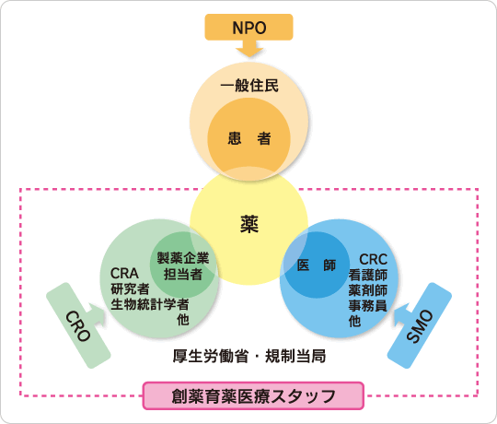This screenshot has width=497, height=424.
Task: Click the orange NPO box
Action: click(x=248, y=27)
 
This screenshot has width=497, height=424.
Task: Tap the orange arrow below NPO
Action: click(x=249, y=49)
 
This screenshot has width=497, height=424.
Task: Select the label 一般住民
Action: click(x=249, y=86)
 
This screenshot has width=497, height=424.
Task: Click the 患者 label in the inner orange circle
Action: click(x=249, y=138)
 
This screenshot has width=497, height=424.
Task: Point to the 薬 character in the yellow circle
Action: click(x=249, y=224)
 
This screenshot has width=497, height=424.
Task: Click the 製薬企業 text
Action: click(x=183, y=258)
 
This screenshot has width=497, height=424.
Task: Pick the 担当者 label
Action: click(x=183, y=274)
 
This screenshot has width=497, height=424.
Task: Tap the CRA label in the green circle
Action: click(x=124, y=273)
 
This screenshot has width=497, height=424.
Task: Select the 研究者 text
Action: click(x=130, y=289)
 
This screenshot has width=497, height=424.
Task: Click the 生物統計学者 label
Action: click(x=150, y=304)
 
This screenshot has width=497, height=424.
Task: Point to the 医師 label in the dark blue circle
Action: click(x=317, y=265)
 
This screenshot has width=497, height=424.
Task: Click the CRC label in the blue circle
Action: click(x=373, y=260)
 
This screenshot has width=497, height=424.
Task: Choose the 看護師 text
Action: click(x=368, y=275)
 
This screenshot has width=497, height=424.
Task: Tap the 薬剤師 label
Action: click(x=368, y=290)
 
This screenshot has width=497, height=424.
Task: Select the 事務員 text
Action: click(x=368, y=305)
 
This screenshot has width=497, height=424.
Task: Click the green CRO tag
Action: click(x=78, y=325)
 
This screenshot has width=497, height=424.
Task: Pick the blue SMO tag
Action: click(x=420, y=325)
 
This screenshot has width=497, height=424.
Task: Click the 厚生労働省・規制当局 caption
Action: click(x=249, y=356)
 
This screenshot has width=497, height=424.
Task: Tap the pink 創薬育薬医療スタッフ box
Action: click(x=253, y=395)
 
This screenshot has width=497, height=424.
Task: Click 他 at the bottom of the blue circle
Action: click(x=354, y=321)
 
